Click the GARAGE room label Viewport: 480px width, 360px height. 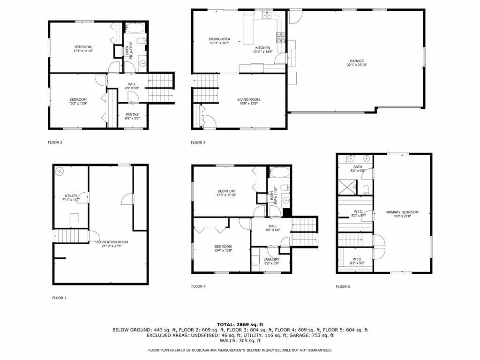click(x=357, y=61)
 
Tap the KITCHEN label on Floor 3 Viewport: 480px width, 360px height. click(x=262, y=48)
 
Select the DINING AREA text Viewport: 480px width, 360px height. click(x=219, y=39)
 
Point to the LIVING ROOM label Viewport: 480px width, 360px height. click(x=248, y=99)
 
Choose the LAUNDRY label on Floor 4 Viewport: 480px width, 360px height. click(x=271, y=259)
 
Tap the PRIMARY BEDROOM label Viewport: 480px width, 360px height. click(x=402, y=212)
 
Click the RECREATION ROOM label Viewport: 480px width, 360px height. click(x=112, y=242)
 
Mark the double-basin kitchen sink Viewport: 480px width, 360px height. click(x=267, y=15)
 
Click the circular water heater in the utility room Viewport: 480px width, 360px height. click(x=60, y=172)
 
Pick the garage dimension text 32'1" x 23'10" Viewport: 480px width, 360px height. click(x=357, y=65)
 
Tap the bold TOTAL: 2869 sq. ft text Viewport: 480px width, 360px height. click(x=240, y=324)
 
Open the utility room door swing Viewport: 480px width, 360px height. click(x=83, y=197)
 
